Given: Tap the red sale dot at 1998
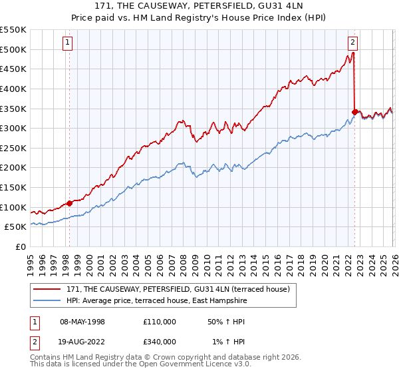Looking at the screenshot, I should click(69, 203).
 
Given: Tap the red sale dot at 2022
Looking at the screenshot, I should click(354, 112).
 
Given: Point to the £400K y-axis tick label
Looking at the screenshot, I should click(13, 89).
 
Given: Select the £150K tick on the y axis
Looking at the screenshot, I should click(13, 187).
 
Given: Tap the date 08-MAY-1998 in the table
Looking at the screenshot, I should click(77, 321).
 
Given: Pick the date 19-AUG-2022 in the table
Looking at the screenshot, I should click(77, 342).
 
